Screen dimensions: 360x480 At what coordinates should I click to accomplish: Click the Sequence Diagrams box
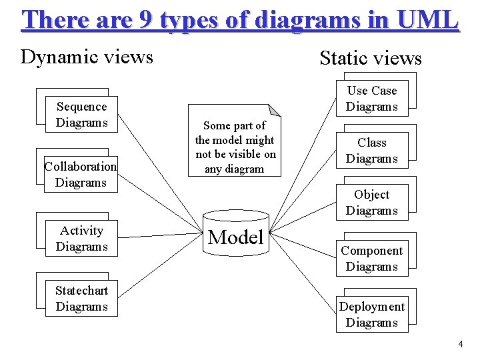[x=81, y=115]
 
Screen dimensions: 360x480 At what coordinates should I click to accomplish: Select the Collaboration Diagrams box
[x=81, y=175]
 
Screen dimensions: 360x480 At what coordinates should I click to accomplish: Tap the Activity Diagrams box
[x=81, y=239]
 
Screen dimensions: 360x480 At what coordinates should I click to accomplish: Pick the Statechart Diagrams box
[x=81, y=299]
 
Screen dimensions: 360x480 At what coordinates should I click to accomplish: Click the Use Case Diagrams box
[x=371, y=99]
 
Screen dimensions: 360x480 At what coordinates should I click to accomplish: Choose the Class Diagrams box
[x=371, y=151]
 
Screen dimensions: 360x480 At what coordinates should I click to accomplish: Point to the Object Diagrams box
[x=371, y=203]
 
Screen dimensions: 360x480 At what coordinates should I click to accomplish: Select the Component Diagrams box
[x=371, y=259]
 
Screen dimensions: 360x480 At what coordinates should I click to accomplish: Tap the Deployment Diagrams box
[x=371, y=315]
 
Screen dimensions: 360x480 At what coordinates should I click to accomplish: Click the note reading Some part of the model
[x=235, y=147]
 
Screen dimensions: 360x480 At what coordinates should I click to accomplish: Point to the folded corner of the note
[x=275, y=110]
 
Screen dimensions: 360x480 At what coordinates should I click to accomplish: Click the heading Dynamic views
[x=87, y=57]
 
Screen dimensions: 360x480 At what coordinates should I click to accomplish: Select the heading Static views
[x=371, y=58]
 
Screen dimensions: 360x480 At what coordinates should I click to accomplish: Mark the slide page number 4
[x=460, y=344]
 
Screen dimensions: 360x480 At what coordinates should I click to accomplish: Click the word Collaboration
[x=81, y=167]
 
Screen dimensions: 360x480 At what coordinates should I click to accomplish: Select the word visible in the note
[x=248, y=155]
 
